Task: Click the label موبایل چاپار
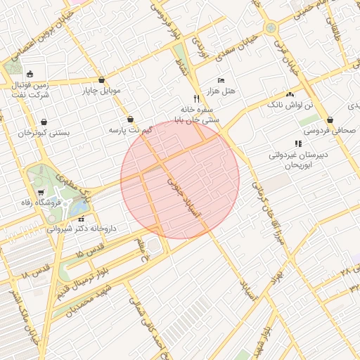click(102, 91)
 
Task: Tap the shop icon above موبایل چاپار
click(103, 79)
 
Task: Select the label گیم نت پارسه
click(131, 131)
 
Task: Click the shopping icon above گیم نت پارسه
click(131, 120)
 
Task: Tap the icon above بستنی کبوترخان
click(44, 121)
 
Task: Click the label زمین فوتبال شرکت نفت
click(30, 89)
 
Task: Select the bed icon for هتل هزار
click(221, 80)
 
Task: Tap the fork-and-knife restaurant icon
click(196, 99)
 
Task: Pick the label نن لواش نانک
click(289, 105)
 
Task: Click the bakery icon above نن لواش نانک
click(290, 94)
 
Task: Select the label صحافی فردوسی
click(330, 130)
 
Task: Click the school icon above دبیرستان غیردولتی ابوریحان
click(298, 143)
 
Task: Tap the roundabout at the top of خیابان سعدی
click(270, 28)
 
